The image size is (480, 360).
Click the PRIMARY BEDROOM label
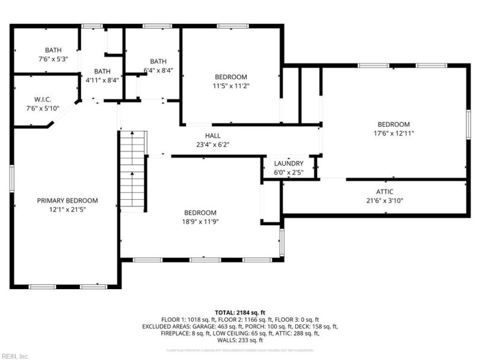tap(67, 200)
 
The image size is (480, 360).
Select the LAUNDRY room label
tap(289, 163)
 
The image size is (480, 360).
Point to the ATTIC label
tap(385, 192)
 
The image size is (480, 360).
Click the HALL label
tap(212, 136)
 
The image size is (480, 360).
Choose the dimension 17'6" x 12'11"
tap(394, 133)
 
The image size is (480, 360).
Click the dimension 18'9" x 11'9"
tap(200, 221)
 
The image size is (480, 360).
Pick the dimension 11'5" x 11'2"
tap(231, 85)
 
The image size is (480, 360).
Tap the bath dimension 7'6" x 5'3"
tap(53, 58)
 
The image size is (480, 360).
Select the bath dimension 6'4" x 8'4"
tap(158, 70)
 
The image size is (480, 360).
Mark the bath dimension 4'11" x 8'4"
tap(102, 79)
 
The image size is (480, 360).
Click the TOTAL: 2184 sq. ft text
tap(240, 313)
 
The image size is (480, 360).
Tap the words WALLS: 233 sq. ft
tap(240, 340)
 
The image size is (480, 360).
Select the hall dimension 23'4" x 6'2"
tap(212, 144)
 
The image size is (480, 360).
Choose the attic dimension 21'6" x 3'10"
tap(385, 200)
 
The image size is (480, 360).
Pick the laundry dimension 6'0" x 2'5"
tap(289, 172)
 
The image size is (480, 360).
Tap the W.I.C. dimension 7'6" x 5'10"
tap(43, 108)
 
